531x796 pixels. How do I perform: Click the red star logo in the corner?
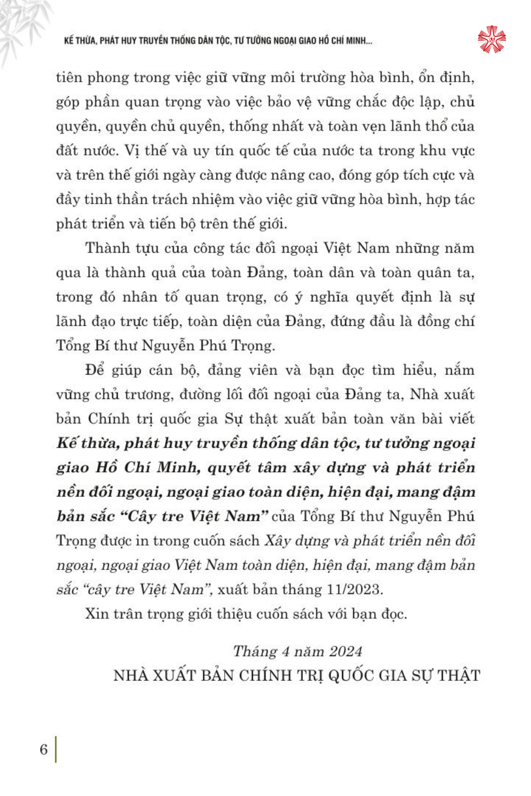(491, 39)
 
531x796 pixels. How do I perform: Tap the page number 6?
(44, 749)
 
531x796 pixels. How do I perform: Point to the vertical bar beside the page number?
(56, 749)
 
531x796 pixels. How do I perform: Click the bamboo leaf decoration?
(21, 27)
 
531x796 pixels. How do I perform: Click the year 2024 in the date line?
(345, 652)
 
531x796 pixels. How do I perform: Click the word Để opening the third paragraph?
(95, 370)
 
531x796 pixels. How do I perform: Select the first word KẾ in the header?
(69, 41)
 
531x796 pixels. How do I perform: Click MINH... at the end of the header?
(359, 41)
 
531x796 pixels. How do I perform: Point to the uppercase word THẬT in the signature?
(459, 676)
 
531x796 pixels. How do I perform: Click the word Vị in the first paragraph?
(131, 151)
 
